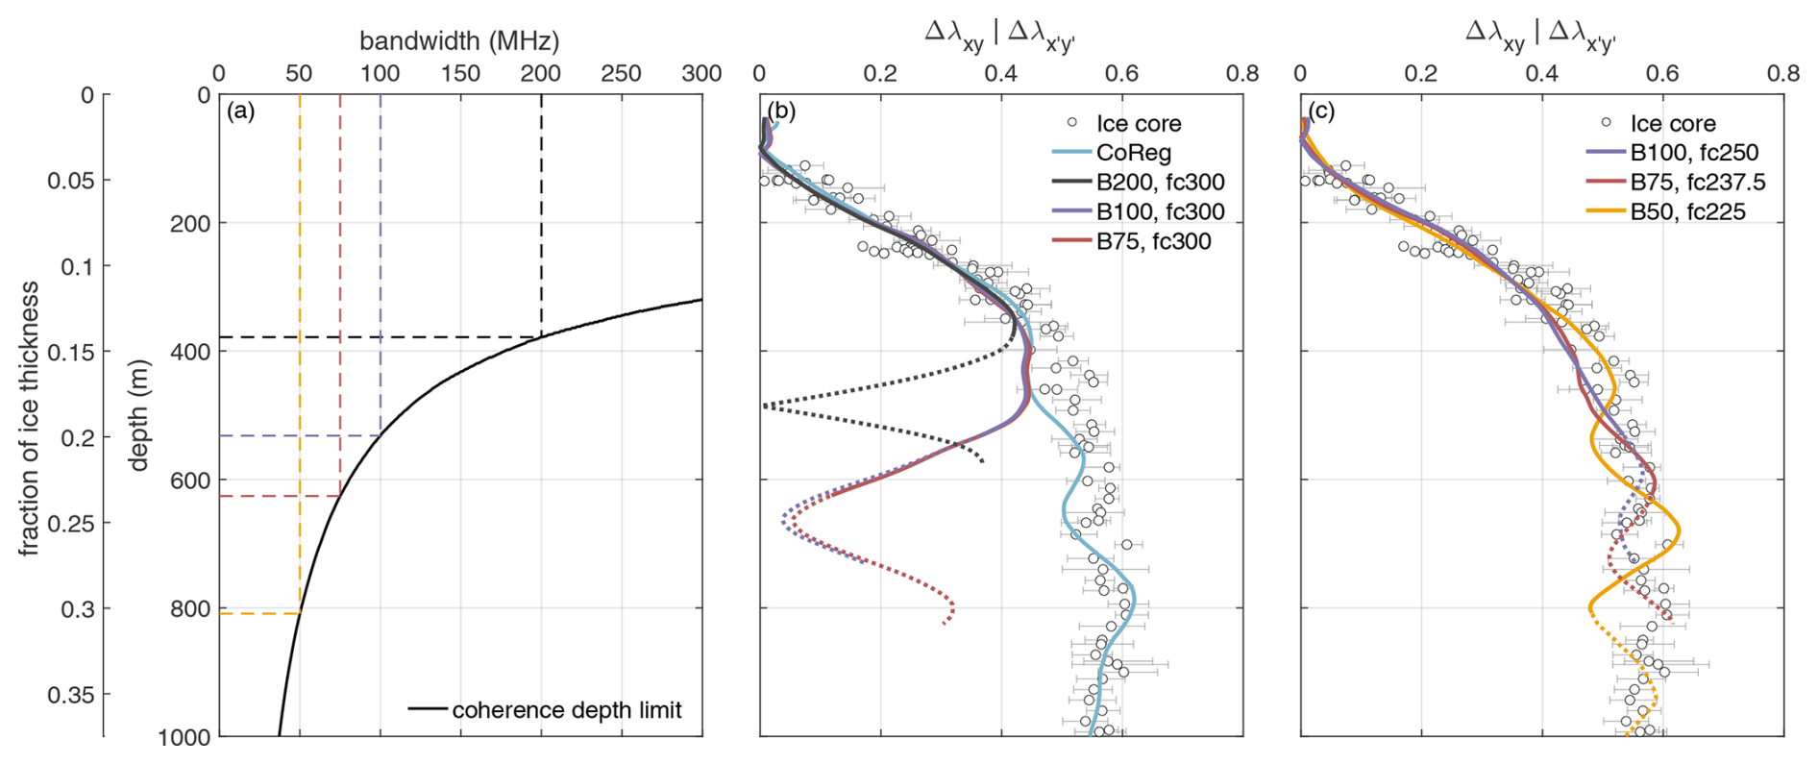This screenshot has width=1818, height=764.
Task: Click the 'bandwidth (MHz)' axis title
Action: [x=459, y=40]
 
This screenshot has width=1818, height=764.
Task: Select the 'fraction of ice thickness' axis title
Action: [x=30, y=418]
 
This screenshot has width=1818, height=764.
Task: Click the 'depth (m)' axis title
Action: [x=139, y=415]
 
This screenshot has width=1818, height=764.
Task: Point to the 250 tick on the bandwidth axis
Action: [x=621, y=74]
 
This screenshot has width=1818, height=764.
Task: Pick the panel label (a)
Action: [x=240, y=111]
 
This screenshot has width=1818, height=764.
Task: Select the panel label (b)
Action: [x=782, y=111]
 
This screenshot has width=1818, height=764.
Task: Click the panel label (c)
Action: [x=1322, y=111]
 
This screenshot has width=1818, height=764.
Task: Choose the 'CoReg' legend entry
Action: [x=1134, y=153]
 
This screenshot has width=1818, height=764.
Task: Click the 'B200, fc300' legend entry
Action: [x=1160, y=183]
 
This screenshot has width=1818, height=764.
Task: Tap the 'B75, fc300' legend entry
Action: [x=1153, y=241]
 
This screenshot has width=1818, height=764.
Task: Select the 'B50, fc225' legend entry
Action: [x=1687, y=211]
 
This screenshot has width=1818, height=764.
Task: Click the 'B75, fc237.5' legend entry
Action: [x=1697, y=183]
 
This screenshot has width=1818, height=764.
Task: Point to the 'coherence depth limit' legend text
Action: [x=567, y=710]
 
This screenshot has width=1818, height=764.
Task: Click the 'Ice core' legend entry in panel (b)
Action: [x=1139, y=123]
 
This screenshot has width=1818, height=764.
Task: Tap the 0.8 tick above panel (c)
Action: [x=1783, y=74]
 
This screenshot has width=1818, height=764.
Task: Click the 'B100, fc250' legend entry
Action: [x=1694, y=153]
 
